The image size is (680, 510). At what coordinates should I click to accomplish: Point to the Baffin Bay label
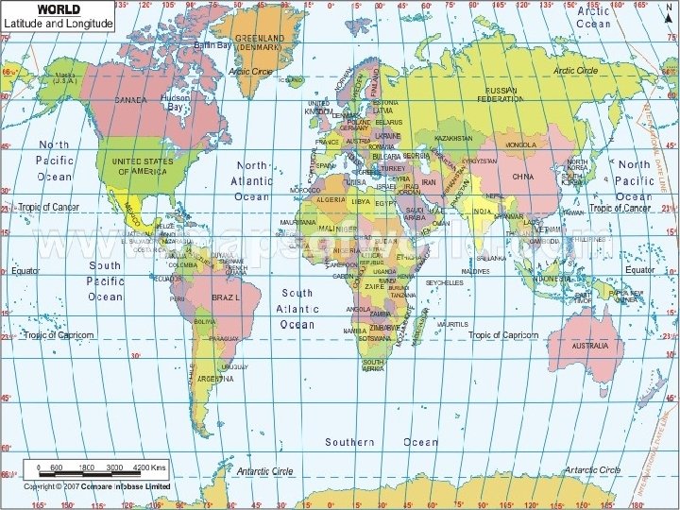(213, 44)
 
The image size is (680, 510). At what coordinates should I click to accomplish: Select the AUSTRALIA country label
(570, 346)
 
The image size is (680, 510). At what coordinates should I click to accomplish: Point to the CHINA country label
(522, 177)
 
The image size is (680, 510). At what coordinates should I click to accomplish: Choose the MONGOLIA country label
(520, 144)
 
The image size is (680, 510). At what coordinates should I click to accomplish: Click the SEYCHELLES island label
(444, 282)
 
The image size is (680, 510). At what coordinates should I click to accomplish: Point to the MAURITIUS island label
(451, 324)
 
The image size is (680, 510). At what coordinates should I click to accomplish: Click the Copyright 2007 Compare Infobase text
(90, 487)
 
